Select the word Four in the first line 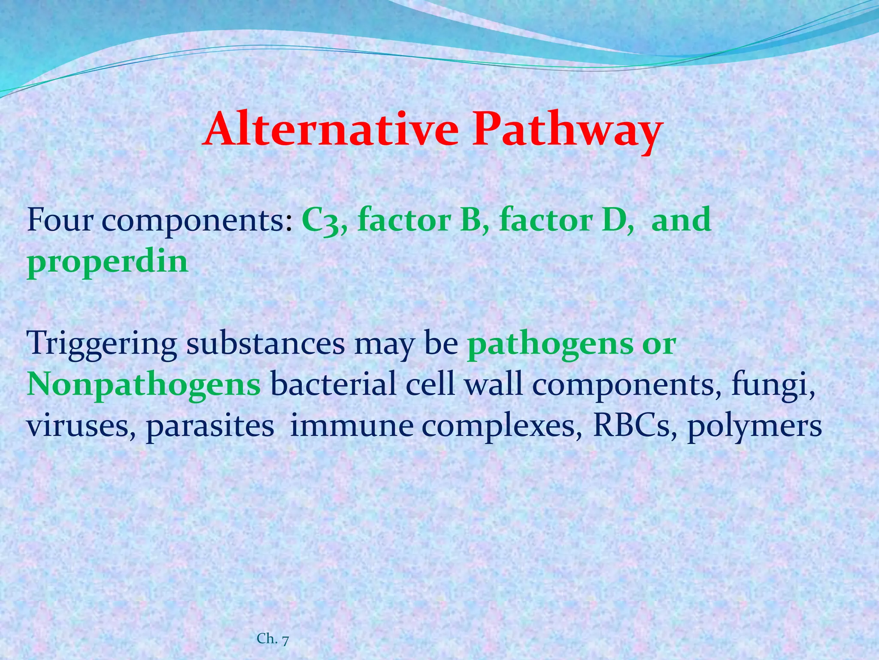click(60, 220)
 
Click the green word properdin click(108, 262)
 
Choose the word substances click(265, 343)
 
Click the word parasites click(210, 427)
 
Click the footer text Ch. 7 click(273, 639)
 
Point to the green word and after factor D click(681, 220)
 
